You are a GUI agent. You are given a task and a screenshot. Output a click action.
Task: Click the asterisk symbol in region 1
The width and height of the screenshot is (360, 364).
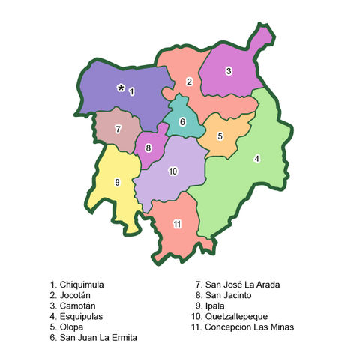[x=121, y=88]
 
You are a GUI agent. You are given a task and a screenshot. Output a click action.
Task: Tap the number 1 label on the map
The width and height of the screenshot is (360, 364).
[x=132, y=91]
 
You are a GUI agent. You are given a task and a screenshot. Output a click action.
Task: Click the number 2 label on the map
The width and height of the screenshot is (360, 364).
[x=190, y=81]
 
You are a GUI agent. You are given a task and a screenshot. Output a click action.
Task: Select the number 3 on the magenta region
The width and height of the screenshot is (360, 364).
[x=229, y=71]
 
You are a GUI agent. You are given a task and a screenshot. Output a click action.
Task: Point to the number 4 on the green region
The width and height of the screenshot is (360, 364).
[x=257, y=158]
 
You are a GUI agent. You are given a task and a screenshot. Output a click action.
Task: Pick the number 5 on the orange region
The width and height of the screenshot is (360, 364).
[x=220, y=136]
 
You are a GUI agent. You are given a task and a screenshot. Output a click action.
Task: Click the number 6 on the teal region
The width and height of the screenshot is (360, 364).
[x=182, y=122]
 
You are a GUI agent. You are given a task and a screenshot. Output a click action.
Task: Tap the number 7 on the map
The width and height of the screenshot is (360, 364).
[x=118, y=129]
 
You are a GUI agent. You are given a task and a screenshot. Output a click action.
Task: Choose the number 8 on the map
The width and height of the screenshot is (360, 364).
[x=148, y=148]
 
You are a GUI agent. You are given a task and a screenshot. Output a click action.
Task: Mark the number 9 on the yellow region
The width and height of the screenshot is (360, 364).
[x=117, y=181]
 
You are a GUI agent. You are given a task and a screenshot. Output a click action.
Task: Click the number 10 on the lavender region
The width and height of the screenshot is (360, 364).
[x=173, y=172]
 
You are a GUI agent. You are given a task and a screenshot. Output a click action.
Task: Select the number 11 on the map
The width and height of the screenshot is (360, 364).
[x=177, y=224]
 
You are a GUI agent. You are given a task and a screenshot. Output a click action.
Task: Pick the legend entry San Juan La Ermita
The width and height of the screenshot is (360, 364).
[x=94, y=338]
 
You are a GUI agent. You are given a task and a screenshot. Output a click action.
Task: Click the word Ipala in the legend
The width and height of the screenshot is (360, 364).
[x=216, y=306]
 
